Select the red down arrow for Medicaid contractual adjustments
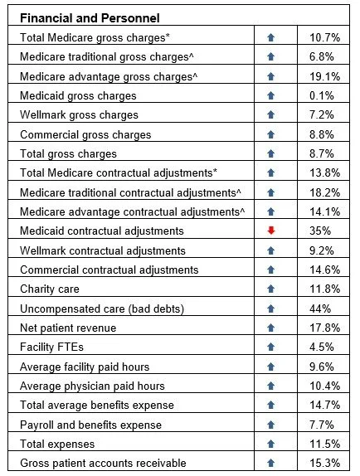[x=270, y=231]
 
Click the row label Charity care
[x=54, y=289]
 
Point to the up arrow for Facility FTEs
[x=270, y=347]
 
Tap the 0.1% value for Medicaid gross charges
[x=323, y=95]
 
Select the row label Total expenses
[x=57, y=444]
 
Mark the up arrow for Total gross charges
[x=270, y=153]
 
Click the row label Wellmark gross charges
[x=79, y=114]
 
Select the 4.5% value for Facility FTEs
[x=323, y=347]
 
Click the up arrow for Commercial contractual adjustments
[x=270, y=270]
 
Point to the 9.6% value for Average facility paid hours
[x=323, y=367]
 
